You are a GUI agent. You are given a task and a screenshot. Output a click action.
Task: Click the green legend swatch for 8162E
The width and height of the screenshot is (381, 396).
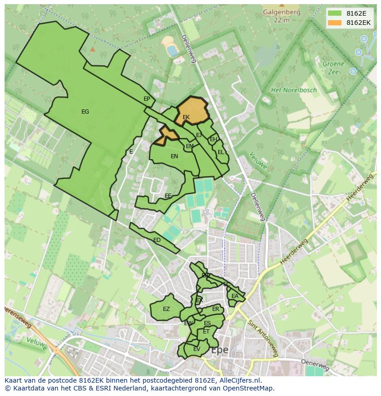click(335, 13)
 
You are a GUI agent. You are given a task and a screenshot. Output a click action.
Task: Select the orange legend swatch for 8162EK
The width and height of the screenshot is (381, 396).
click(335, 23)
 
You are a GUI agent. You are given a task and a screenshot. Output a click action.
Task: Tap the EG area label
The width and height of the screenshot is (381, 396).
click(85, 112)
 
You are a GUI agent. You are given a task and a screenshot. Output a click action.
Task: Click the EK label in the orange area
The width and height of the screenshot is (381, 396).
click(186, 117)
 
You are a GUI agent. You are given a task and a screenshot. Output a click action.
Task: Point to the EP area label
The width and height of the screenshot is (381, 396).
click(147, 99)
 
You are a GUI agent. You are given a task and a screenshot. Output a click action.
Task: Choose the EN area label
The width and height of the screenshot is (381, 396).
click(174, 156)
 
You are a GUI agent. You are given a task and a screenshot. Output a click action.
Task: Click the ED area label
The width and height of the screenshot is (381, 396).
click(157, 240)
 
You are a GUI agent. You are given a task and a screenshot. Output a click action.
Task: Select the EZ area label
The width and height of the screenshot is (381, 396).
click(166, 309)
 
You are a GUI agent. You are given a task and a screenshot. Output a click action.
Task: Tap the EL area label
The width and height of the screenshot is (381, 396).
click(221, 152)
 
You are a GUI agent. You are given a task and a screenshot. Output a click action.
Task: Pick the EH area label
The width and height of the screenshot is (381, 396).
click(214, 139)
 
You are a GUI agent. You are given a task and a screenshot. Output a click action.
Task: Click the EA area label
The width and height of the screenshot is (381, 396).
click(235, 296)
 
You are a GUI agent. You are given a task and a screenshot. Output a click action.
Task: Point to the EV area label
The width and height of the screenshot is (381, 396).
click(196, 349)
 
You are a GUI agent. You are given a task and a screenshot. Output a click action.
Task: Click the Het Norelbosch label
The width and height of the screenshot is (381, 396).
click(294, 90)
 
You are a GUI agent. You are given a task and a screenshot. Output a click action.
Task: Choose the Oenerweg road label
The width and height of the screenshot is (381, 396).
click(315, 365)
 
